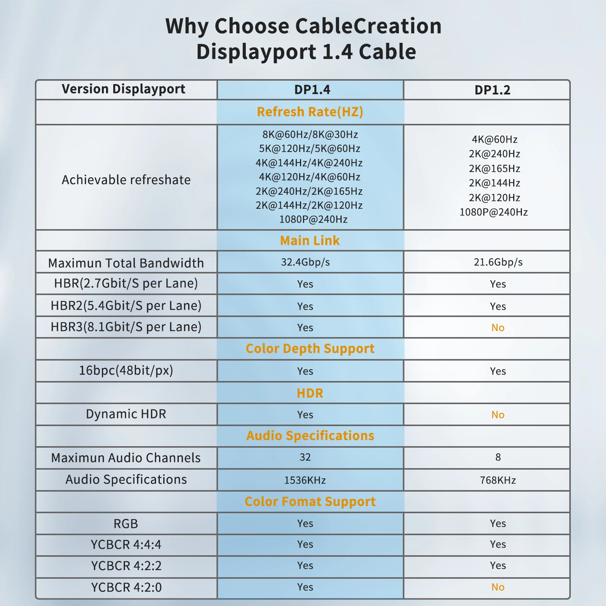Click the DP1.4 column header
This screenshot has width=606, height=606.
click(312, 90)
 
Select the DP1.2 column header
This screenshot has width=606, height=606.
click(492, 90)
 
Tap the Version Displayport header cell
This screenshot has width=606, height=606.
click(123, 89)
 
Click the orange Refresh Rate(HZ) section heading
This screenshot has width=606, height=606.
click(310, 112)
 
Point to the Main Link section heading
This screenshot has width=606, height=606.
click(310, 241)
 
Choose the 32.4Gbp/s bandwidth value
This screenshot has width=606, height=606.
click(305, 262)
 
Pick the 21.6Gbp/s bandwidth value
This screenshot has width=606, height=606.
click(498, 262)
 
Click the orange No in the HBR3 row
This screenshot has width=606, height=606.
click(498, 328)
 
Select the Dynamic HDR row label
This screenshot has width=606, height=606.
click(126, 414)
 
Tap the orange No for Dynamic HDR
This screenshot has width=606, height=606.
click(498, 415)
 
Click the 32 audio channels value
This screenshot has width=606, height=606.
click(305, 457)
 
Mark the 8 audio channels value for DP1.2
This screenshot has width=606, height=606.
click(498, 457)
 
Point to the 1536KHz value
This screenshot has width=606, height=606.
click(305, 480)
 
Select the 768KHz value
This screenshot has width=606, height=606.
click(498, 480)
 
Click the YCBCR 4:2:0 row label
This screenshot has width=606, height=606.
click(126, 587)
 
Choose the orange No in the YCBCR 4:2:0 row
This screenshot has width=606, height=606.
click(498, 587)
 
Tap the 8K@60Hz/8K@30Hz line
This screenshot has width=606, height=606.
click(310, 134)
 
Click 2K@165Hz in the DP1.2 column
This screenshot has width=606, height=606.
click(494, 169)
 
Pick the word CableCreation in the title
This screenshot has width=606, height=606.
click(368, 26)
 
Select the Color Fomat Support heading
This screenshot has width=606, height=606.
click(310, 501)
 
